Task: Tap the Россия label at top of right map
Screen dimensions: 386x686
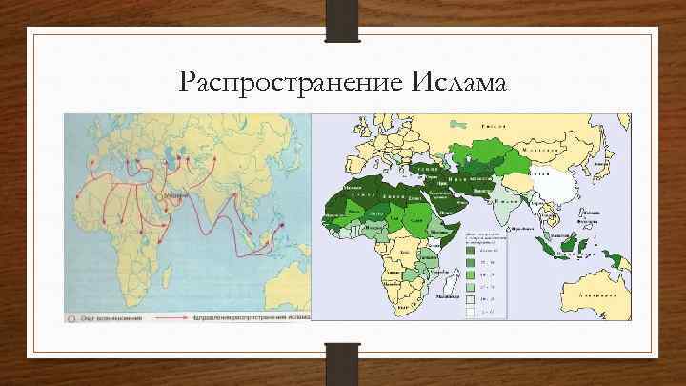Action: point(492,126)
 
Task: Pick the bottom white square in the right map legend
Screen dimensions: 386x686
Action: point(474,312)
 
